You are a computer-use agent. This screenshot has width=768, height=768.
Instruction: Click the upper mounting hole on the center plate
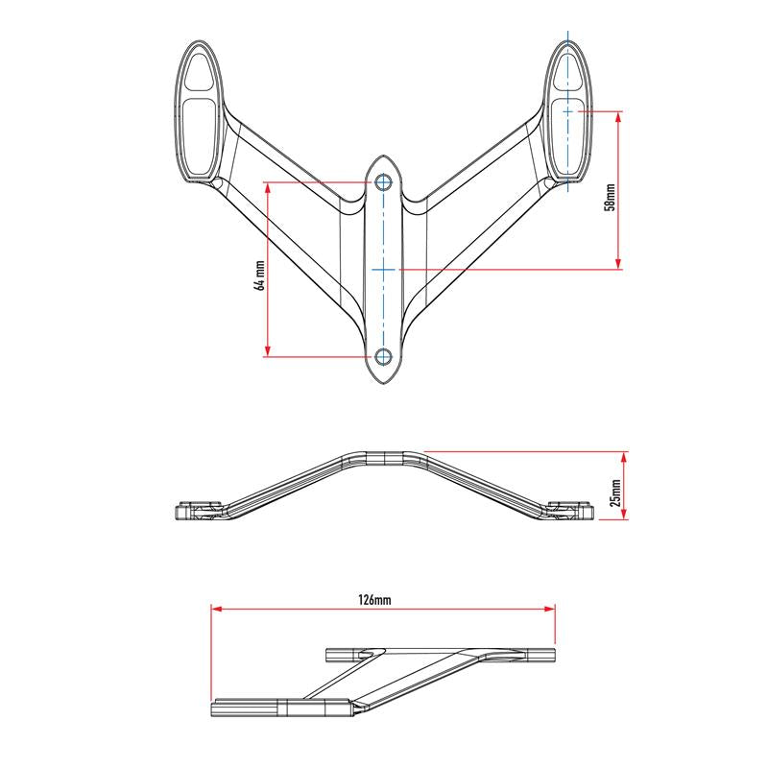[x=384, y=181]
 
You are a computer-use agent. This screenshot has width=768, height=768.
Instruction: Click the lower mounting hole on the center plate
[x=384, y=357]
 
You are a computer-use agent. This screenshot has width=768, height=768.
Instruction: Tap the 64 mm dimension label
[x=258, y=274]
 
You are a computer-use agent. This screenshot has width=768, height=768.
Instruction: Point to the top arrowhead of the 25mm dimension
[x=626, y=456]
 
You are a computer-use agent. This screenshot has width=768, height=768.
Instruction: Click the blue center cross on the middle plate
[x=384, y=270]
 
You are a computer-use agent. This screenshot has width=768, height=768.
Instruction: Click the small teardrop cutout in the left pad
[x=200, y=70]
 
